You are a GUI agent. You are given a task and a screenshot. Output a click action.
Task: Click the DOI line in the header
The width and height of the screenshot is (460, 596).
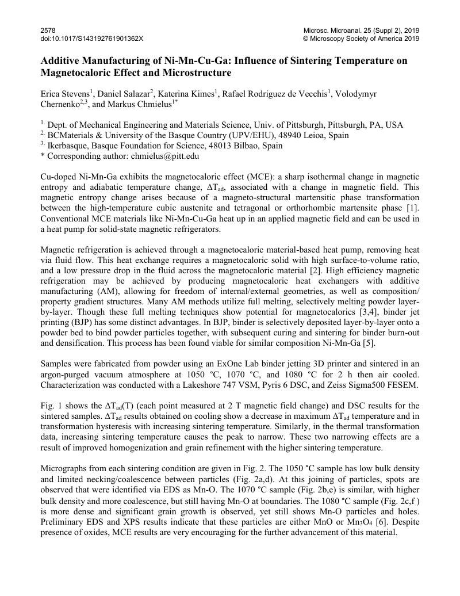pyautogui.click(x=92, y=39)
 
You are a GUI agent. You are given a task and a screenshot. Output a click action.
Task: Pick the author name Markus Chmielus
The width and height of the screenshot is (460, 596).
pyautogui.click(x=141, y=105)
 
